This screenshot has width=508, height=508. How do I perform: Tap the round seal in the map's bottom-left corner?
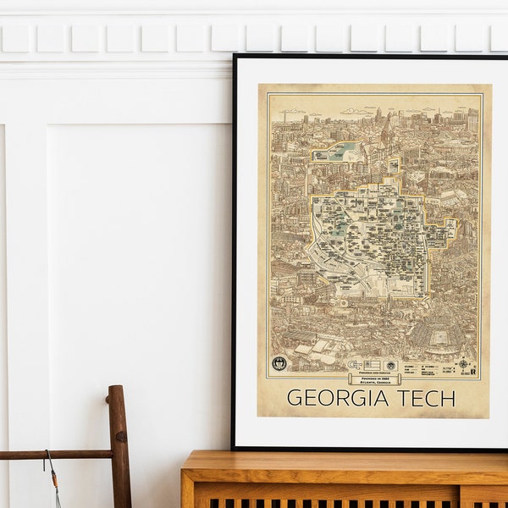click(x=279, y=363)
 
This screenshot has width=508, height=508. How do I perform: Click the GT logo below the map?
click(x=351, y=365)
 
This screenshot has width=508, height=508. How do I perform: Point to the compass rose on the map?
click(x=464, y=365)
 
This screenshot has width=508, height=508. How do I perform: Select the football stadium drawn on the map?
click(x=439, y=336)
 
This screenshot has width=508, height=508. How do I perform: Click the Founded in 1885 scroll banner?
click(x=373, y=378)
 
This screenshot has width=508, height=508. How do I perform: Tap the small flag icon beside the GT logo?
click(x=370, y=365)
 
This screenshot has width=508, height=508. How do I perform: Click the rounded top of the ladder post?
click(x=117, y=391)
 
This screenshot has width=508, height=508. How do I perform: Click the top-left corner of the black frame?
click(x=235, y=57)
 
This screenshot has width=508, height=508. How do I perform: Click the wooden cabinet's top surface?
click(x=339, y=462)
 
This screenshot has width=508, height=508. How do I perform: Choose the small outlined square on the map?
click(x=393, y=165)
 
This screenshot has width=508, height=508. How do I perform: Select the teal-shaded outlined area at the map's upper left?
click(x=338, y=152)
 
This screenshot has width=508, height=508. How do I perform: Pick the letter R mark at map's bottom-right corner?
click(x=473, y=370)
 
